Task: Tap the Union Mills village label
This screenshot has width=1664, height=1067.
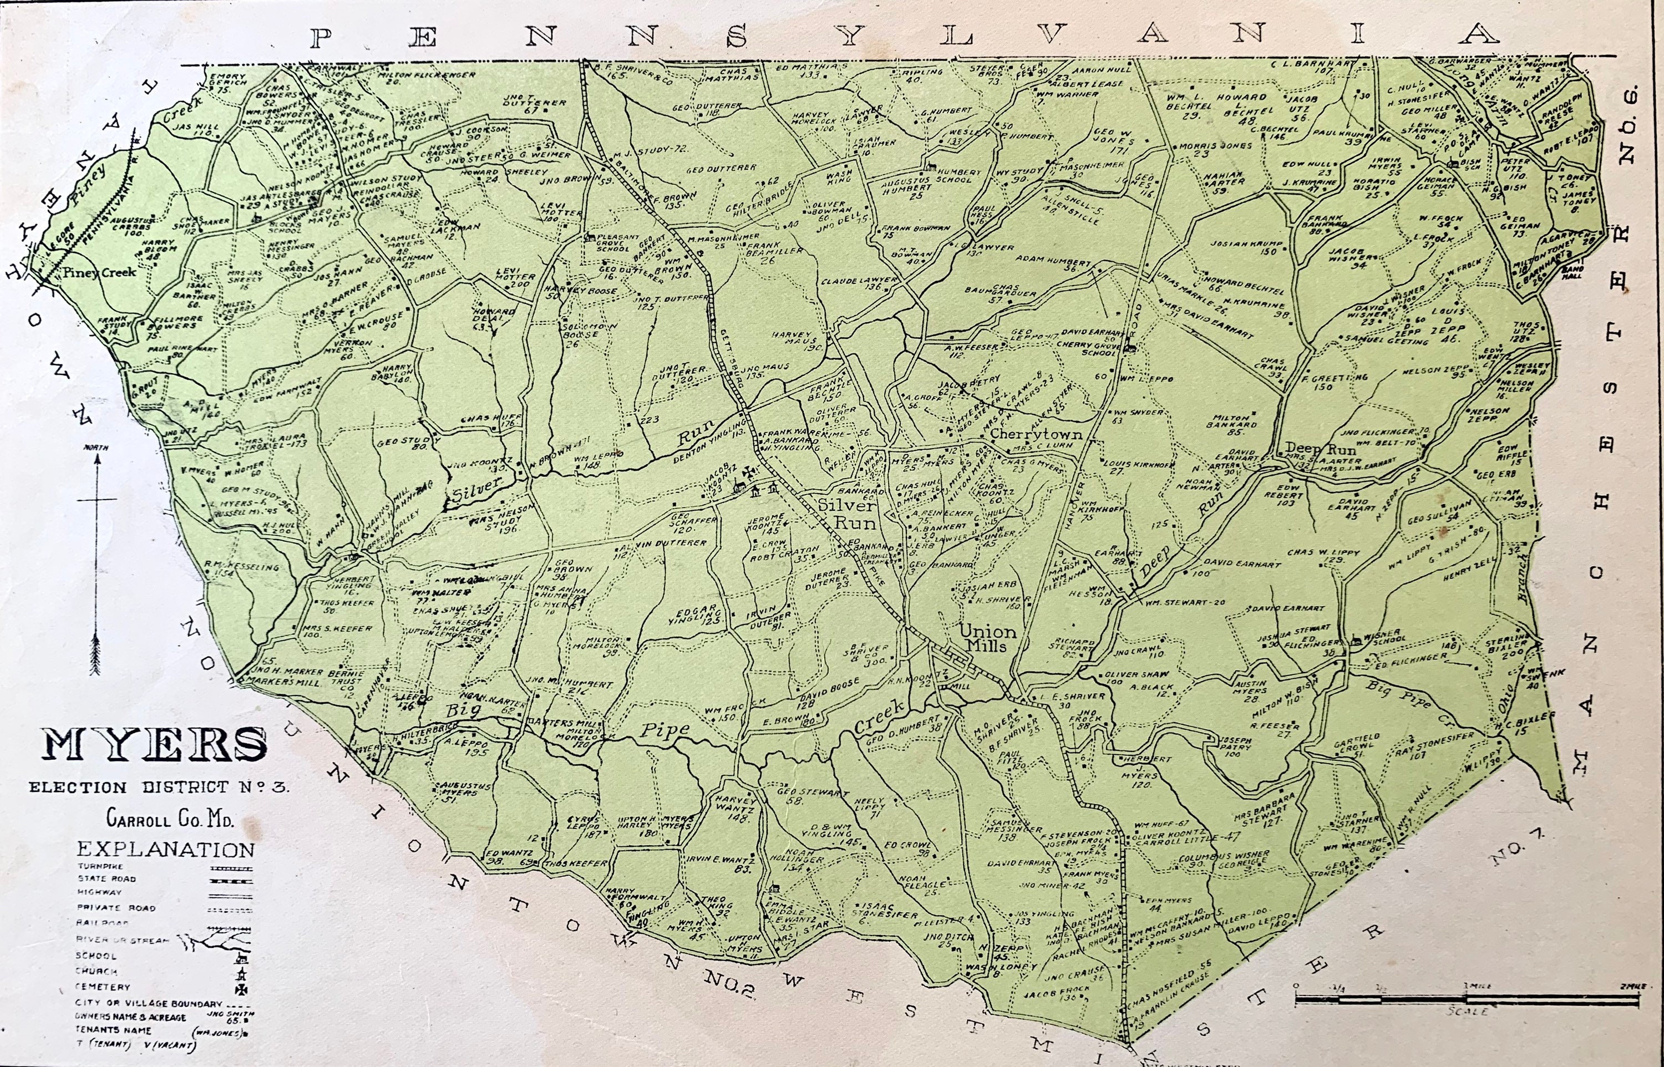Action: (x=987, y=638)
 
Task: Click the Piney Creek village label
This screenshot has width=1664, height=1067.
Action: (x=99, y=273)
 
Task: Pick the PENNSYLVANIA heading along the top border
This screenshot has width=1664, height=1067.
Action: (x=901, y=36)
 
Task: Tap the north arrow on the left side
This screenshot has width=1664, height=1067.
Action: (x=97, y=554)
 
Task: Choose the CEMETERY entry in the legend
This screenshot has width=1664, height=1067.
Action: (x=103, y=987)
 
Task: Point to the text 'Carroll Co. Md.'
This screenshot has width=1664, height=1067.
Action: (x=170, y=819)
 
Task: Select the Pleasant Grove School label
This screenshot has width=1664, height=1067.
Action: (x=618, y=242)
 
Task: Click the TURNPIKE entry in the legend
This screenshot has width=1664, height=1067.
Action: (x=100, y=867)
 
